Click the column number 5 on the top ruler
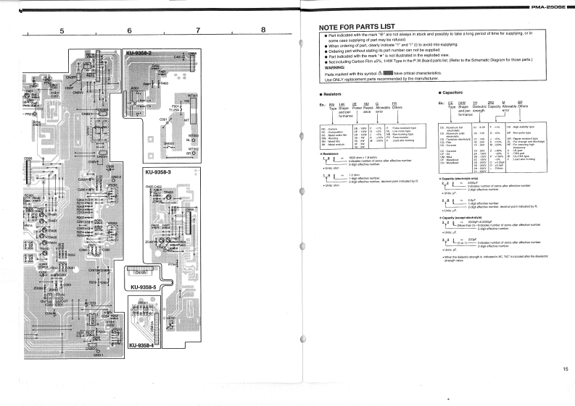click(x=62, y=30)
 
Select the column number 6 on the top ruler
click(x=129, y=30)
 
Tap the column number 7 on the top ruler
click(x=197, y=30)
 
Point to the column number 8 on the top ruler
click(x=263, y=30)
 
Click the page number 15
click(x=565, y=370)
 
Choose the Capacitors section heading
click(x=457, y=94)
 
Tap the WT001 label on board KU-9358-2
click(x=193, y=96)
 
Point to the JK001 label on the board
click(x=134, y=88)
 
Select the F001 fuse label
click(x=175, y=106)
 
